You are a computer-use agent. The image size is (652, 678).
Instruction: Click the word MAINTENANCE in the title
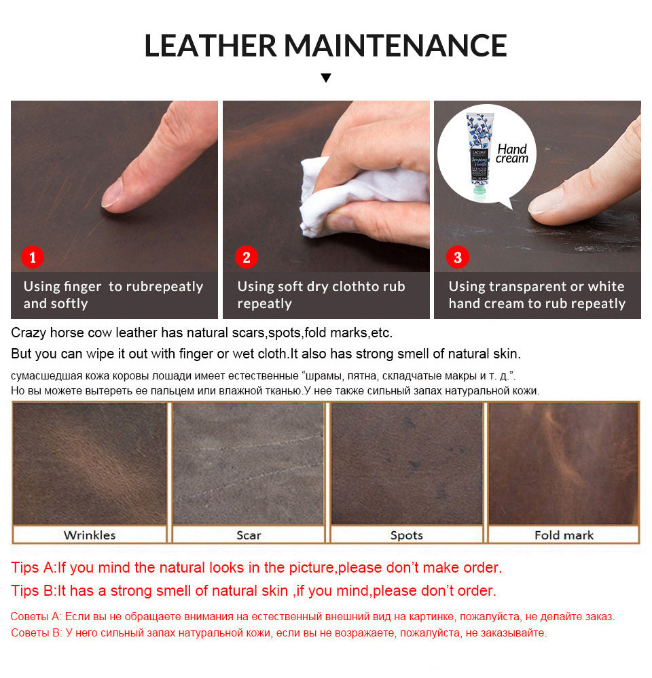point(395,45)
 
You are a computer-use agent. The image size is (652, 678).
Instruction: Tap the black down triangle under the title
point(326,78)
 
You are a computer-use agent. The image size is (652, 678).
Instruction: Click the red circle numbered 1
point(33,258)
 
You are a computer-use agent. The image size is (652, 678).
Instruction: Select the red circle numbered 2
point(246,258)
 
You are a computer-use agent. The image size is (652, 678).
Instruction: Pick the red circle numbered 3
point(457,258)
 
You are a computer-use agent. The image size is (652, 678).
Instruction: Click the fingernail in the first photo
point(112,192)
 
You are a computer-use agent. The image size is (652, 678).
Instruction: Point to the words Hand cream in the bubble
point(512,154)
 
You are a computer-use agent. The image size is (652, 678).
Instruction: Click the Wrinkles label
point(90,535)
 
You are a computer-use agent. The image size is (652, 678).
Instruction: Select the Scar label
point(249,535)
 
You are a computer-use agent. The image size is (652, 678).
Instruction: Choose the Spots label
point(406,535)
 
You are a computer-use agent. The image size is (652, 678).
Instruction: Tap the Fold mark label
point(564,535)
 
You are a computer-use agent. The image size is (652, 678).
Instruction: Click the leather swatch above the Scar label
point(249,463)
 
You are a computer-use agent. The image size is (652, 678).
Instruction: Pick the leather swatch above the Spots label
point(406,463)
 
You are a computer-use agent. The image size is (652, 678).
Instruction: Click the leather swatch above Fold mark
point(564,463)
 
